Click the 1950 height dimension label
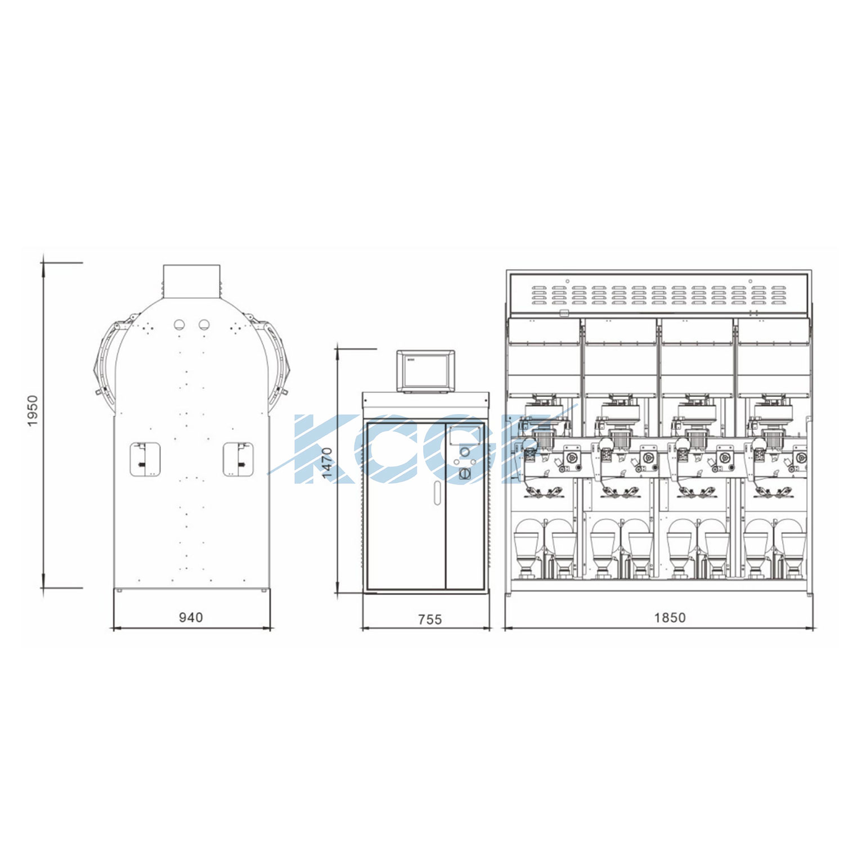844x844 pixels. click(x=33, y=411)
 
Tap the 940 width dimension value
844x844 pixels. click(x=191, y=617)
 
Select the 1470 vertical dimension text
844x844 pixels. click(x=327, y=463)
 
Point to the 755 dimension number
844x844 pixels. click(x=430, y=619)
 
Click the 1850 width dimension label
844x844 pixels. click(x=670, y=618)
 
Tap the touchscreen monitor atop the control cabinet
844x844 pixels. click(x=425, y=371)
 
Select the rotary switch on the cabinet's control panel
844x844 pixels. click(x=465, y=474)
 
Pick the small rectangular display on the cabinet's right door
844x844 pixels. click(x=465, y=437)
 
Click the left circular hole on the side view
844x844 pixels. click(x=179, y=325)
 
